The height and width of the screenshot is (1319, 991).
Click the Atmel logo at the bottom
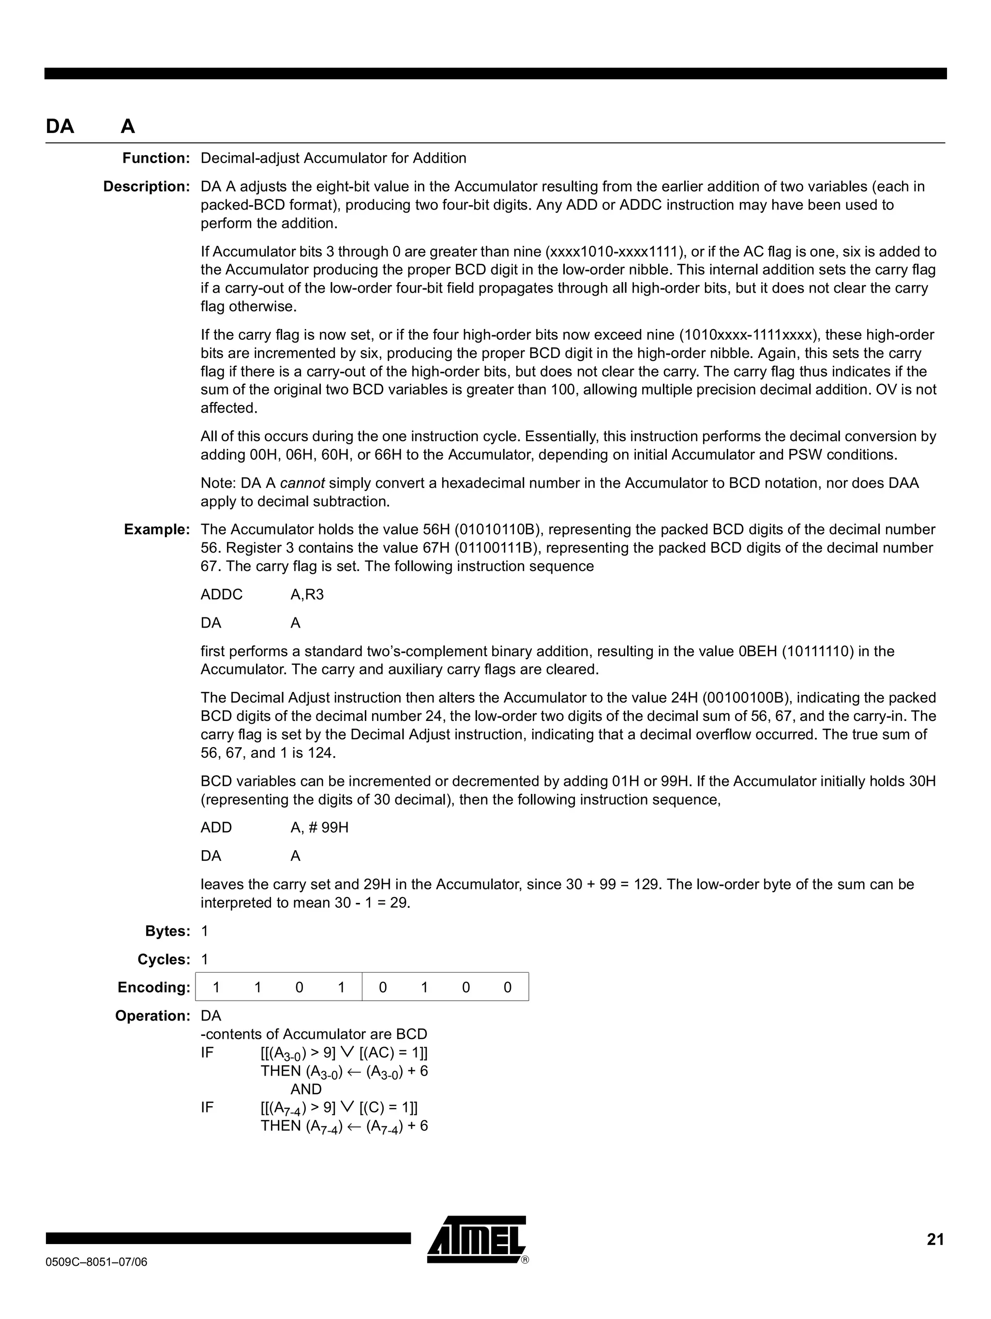pyautogui.click(x=477, y=1239)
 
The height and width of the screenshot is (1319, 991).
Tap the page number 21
pyautogui.click(x=935, y=1240)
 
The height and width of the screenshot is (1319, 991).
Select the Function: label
pyautogui.click(x=156, y=158)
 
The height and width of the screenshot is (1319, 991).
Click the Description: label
pyautogui.click(x=146, y=187)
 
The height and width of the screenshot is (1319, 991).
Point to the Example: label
pyautogui.click(x=157, y=529)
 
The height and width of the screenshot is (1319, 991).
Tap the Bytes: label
pyautogui.click(x=167, y=931)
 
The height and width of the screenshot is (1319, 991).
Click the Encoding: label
pyautogui.click(x=154, y=988)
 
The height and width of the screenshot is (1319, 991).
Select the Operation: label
pyautogui.click(x=152, y=1016)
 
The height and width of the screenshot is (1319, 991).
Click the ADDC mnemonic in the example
pyautogui.click(x=222, y=595)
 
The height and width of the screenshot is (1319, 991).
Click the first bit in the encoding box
pyautogui.click(x=216, y=988)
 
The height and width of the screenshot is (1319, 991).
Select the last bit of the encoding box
pyautogui.click(x=508, y=988)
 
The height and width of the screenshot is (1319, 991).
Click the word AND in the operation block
pyautogui.click(x=306, y=1090)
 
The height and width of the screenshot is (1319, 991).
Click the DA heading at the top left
pyautogui.click(x=60, y=126)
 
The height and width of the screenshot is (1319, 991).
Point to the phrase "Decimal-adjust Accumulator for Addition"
pyautogui.click(x=333, y=158)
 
